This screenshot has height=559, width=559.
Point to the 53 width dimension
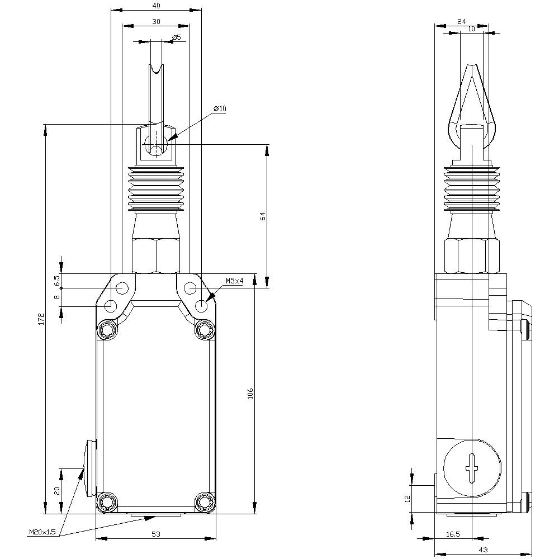point(156,534)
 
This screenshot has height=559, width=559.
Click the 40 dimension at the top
point(156,6)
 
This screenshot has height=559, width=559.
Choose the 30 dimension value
point(156,21)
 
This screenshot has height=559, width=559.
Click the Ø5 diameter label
point(176,37)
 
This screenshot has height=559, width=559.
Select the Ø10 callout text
point(219,108)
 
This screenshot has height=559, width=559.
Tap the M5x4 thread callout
point(234,281)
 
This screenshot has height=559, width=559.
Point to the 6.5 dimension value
point(57,280)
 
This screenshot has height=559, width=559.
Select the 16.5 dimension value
point(453,534)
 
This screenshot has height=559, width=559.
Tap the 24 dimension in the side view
point(461,21)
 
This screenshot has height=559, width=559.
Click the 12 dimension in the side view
point(408,498)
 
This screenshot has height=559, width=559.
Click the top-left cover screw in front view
point(106,331)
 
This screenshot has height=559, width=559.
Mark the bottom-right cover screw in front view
point(205,502)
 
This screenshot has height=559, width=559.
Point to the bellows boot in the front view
point(156,190)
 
